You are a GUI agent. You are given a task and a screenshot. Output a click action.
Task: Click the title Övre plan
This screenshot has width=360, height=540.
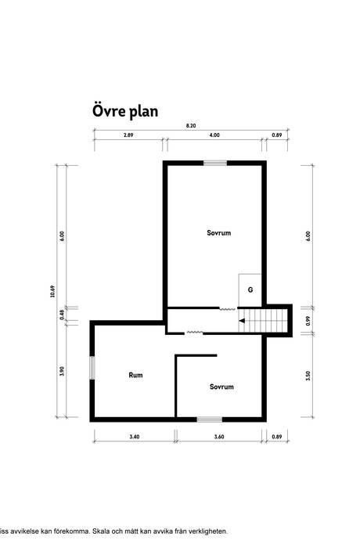125,111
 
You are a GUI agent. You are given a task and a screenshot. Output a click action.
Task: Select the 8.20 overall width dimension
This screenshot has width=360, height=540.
190,126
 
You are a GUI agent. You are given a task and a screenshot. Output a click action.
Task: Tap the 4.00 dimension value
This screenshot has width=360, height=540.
214,135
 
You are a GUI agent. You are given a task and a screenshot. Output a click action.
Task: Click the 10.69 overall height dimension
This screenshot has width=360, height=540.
52,290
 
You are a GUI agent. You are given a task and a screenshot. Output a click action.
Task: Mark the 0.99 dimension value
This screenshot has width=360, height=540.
308,320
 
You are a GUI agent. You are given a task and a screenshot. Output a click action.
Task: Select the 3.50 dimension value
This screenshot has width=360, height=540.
308,376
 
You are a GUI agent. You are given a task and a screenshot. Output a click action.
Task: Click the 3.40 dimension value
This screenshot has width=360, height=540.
133,437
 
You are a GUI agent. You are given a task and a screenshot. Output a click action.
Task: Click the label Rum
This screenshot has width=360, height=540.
135,376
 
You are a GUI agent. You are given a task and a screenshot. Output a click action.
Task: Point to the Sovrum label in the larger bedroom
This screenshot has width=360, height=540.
219,233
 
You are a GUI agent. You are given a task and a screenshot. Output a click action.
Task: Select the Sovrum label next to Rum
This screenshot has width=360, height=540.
222,387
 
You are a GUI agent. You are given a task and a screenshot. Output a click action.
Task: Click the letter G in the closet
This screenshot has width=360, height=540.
250,290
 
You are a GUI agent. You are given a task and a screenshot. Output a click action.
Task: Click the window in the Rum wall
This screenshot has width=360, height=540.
92,368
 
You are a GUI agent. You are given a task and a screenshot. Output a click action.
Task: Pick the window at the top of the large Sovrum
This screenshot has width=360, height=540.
215,162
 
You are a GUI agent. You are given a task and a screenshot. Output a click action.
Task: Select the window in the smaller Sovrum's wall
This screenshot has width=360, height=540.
209,419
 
